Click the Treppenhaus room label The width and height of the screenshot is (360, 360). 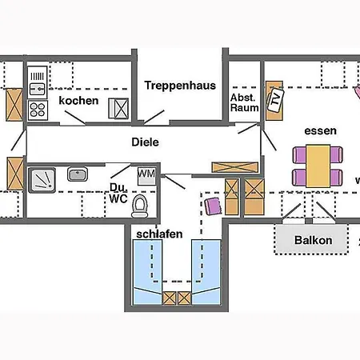[x=180, y=86]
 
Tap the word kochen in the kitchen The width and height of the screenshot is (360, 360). [x=78, y=101]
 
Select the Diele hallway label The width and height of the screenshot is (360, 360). [x=145, y=142]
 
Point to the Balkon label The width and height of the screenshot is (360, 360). [x=314, y=240]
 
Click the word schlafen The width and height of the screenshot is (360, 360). [x=159, y=234]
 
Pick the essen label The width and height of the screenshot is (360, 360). [x=320, y=131]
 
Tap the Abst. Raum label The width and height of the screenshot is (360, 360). [x=244, y=102]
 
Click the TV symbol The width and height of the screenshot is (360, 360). [x=275, y=101]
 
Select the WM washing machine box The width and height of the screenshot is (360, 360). [x=146, y=176]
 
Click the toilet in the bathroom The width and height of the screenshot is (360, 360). [x=140, y=206]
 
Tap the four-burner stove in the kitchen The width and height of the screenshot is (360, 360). [x=38, y=110]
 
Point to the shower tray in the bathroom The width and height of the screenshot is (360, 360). [x=42, y=180]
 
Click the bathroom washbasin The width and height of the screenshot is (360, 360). [x=78, y=174]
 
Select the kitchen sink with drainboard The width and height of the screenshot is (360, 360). [x=38, y=82]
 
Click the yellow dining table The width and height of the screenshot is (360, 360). [x=318, y=166]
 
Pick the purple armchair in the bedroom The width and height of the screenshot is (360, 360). [x=213, y=206]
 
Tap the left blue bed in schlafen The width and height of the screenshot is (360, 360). [x=147, y=272]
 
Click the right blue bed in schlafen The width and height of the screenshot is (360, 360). [x=206, y=272]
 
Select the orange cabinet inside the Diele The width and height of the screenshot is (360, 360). [x=235, y=167]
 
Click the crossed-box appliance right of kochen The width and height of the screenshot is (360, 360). [x=118, y=109]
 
